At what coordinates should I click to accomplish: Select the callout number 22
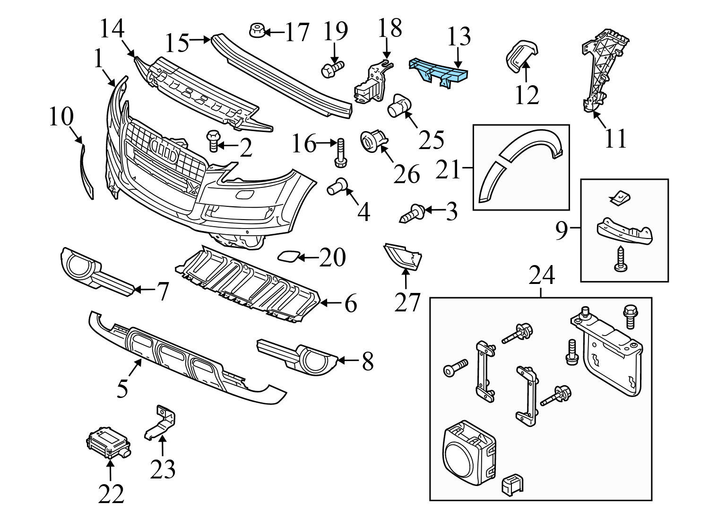[111, 494]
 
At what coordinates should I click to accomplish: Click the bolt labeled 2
[213, 142]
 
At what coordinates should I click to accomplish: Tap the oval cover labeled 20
[288, 257]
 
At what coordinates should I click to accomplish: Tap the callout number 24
[541, 276]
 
